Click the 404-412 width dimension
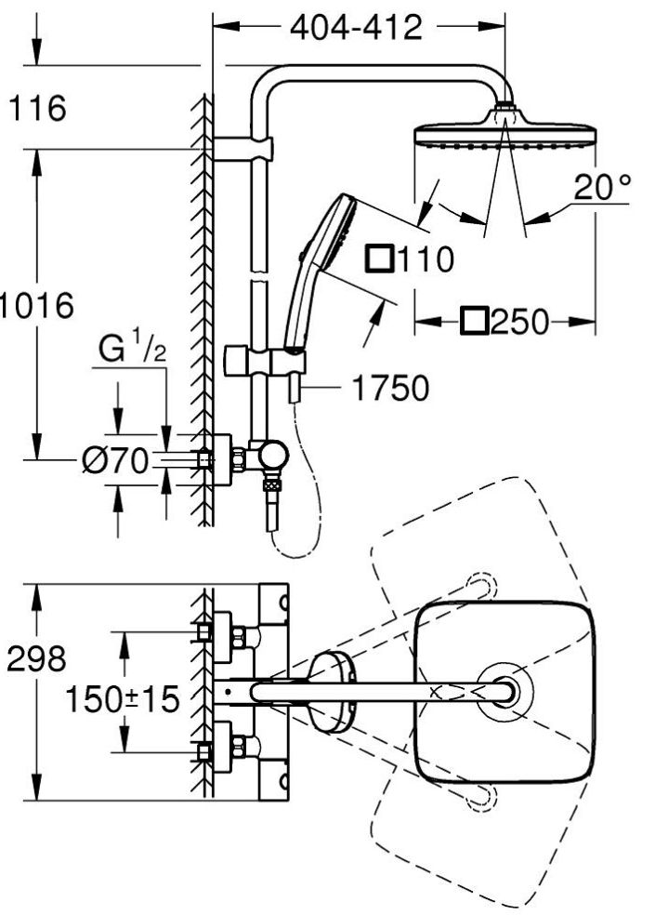click(356, 27)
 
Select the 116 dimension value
click(38, 108)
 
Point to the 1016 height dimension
click(37, 305)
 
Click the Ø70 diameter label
click(115, 461)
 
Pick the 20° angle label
click(602, 187)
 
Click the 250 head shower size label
click(519, 322)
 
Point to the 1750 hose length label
click(391, 388)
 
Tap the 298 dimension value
click(36, 659)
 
